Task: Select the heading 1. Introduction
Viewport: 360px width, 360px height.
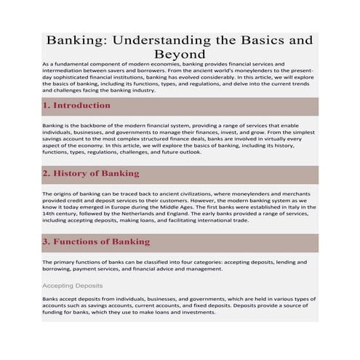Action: coord(76,105)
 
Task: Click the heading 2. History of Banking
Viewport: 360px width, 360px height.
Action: coord(91,174)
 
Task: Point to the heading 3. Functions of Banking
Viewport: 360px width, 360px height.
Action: coord(96,241)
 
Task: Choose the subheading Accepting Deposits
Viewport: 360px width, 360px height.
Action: coord(72,286)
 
